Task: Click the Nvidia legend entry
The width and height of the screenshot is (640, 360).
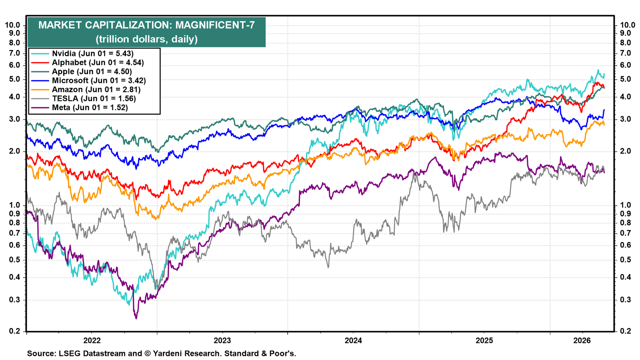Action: tap(92, 54)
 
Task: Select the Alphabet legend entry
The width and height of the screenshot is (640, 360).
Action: tap(98, 62)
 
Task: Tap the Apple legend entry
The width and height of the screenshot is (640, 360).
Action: tap(92, 72)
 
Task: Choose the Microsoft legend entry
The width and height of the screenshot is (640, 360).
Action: tap(99, 80)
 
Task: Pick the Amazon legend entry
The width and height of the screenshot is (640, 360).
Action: tap(96, 90)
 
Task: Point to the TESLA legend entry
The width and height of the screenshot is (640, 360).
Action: tap(94, 98)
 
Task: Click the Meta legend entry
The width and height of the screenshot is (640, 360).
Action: tap(90, 108)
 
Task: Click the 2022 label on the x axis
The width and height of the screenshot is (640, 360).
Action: tap(92, 340)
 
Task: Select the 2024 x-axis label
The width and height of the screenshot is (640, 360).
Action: tap(354, 340)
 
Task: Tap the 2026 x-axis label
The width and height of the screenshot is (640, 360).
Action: tap(582, 340)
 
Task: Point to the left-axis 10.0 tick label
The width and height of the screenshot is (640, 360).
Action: tap(12, 25)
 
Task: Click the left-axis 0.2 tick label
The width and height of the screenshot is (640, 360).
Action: tap(14, 332)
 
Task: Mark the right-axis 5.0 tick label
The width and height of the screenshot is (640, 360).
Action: tap(625, 79)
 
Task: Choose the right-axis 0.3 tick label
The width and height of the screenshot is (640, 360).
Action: tap(625, 300)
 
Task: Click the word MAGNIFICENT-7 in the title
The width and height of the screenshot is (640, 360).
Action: tap(215, 25)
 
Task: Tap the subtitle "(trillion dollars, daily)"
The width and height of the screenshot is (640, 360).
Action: tap(146, 39)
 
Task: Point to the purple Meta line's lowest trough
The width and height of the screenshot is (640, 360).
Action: tap(136, 318)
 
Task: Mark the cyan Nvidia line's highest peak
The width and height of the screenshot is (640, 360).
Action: tap(598, 70)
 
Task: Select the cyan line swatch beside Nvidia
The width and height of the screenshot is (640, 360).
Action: tap(40, 54)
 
